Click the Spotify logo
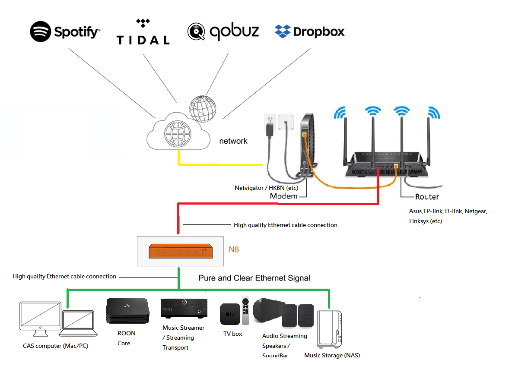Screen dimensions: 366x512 tap(65, 32)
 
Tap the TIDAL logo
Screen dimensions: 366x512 tap(143, 32)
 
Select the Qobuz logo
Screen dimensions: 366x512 tap(223, 32)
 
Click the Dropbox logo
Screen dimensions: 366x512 tap(309, 32)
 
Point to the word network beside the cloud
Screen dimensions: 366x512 tap(233, 141)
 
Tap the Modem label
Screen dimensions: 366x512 tap(283, 196)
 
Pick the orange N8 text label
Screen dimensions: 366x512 tap(234, 249)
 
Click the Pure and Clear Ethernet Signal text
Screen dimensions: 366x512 tap(254, 278)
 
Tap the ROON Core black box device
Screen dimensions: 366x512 tap(127, 311)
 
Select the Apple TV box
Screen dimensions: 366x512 tap(230, 314)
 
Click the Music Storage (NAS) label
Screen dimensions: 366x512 tap(332, 355)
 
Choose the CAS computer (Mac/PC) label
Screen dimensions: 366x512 tap(55, 346)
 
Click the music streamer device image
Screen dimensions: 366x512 tap(184, 310)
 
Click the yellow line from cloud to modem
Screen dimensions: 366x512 tap(220, 165)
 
